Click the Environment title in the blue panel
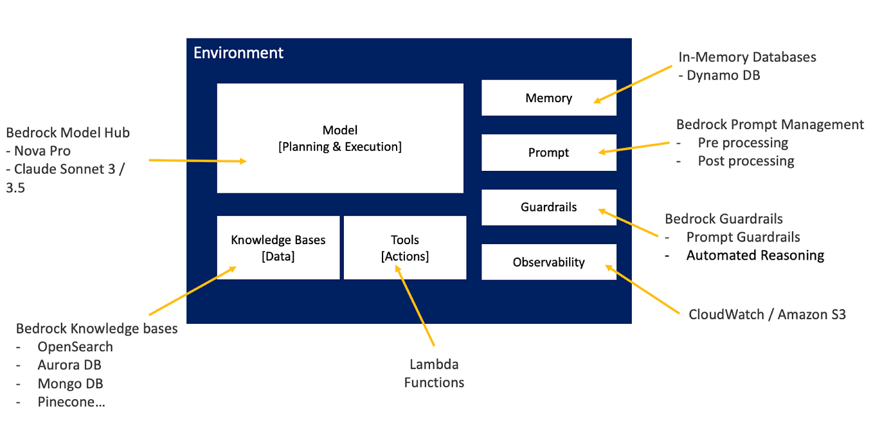coord(239,53)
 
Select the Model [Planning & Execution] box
coord(339,138)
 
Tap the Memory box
coord(548,98)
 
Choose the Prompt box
coord(548,153)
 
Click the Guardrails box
coord(548,208)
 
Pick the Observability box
coord(548,262)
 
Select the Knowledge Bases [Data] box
coord(278,247)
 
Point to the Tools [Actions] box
coord(404,247)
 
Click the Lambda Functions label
coord(434,373)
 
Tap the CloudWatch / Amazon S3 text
coord(767,314)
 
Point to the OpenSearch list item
coord(75,347)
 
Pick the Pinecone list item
coord(71,402)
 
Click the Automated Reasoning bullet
coord(755,256)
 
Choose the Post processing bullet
coord(746,161)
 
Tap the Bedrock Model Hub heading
coord(67,133)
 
